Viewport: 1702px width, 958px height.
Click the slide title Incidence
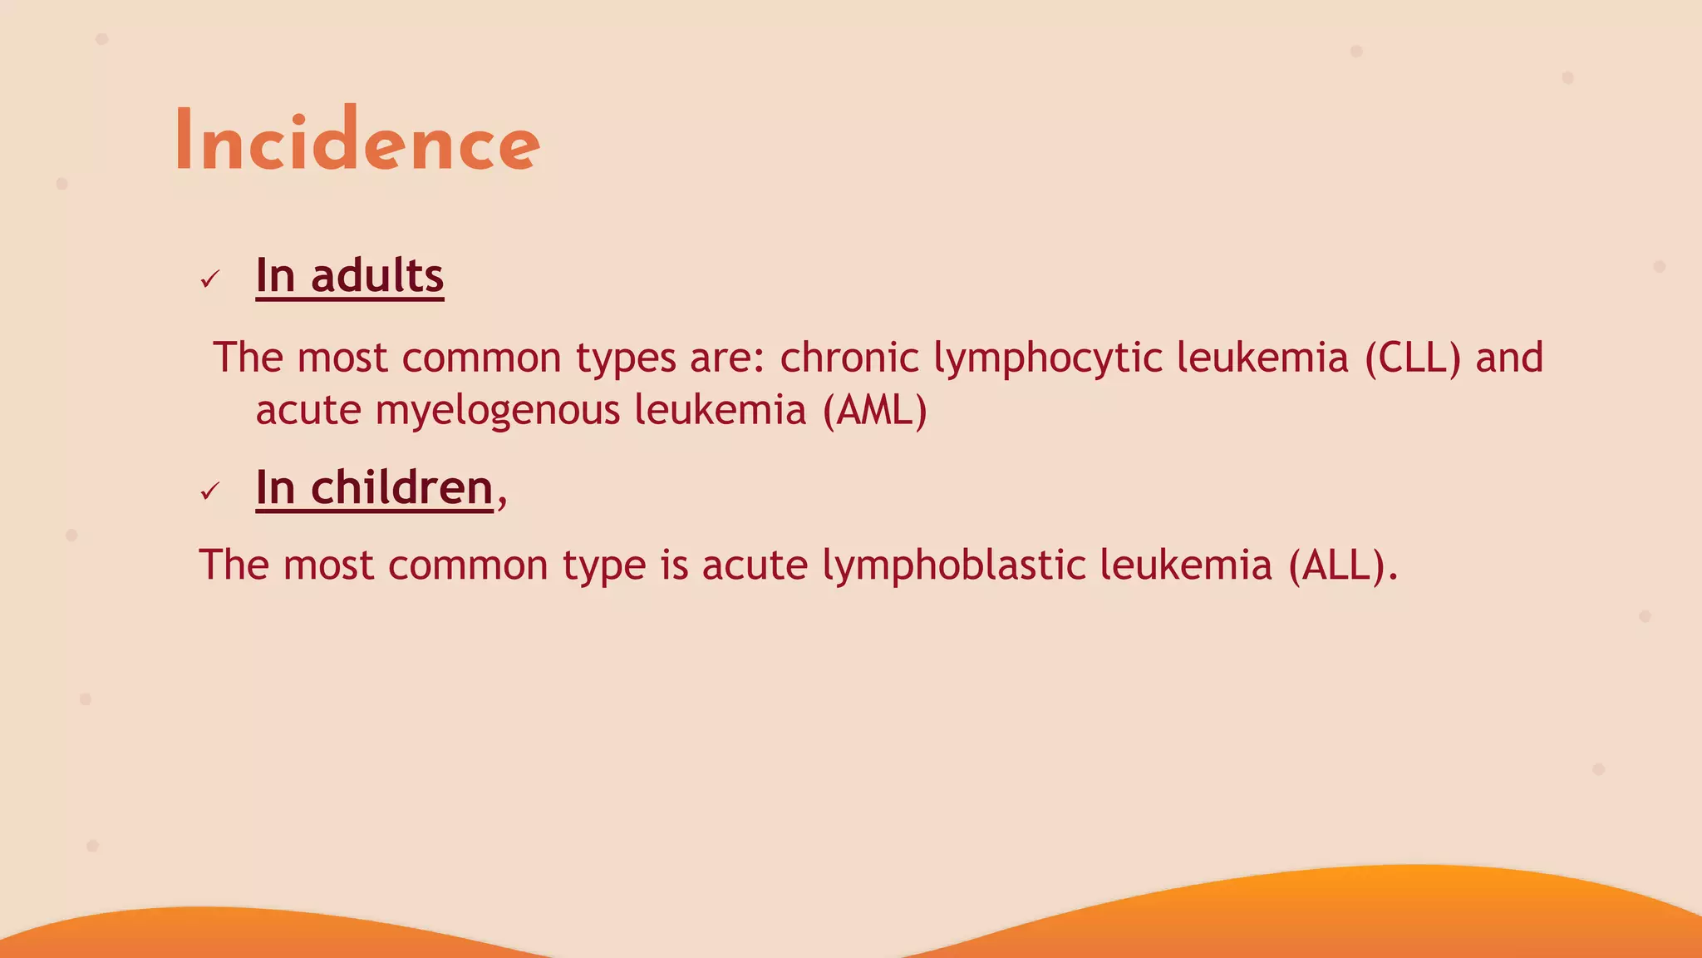click(x=357, y=141)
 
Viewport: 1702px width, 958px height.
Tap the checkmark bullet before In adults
click(x=209, y=279)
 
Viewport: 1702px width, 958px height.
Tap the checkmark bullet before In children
click(x=209, y=491)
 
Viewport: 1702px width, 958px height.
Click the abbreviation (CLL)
click(x=1412, y=358)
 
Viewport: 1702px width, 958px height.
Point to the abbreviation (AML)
click(x=874, y=410)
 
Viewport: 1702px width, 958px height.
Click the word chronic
click(x=849, y=358)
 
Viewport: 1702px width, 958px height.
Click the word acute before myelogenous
click(x=308, y=411)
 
